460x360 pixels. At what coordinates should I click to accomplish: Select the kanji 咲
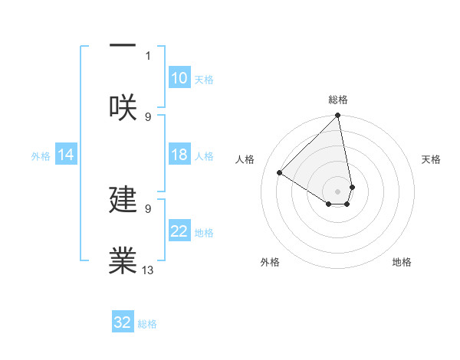tap(123, 106)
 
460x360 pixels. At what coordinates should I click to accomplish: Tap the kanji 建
tap(123, 200)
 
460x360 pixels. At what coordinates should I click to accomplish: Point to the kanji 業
tap(123, 260)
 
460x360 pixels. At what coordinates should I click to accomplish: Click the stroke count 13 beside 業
tap(148, 270)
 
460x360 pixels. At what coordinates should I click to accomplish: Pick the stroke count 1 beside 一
tap(148, 56)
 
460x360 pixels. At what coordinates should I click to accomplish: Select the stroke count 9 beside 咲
tap(148, 116)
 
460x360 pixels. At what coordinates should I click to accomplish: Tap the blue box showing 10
tap(179, 78)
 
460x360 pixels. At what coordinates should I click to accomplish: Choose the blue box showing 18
tap(179, 155)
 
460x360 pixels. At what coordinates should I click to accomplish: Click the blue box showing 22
tap(179, 231)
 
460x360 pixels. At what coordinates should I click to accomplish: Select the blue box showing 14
tap(66, 155)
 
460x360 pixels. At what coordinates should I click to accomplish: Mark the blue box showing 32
tap(123, 322)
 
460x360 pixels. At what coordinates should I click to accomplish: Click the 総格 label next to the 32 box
tap(147, 324)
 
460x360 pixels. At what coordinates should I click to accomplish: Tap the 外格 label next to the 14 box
tap(40, 156)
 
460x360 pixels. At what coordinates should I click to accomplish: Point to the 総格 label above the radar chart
tap(338, 100)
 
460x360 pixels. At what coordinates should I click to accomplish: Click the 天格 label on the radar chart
tap(431, 159)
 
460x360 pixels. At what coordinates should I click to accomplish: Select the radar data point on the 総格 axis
tap(337, 116)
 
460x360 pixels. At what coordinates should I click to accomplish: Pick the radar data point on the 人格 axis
tap(280, 173)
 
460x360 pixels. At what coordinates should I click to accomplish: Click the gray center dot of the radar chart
tap(337, 191)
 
